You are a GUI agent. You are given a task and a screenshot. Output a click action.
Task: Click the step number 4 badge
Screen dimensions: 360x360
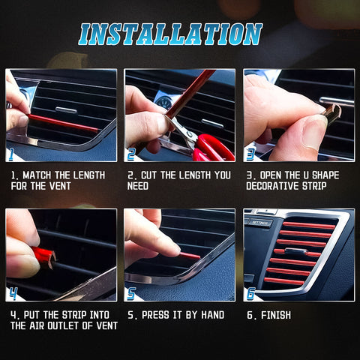[x=13, y=293]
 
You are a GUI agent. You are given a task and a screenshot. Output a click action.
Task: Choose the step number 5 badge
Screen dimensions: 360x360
[x=132, y=293]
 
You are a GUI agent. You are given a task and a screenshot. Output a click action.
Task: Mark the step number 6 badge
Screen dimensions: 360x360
[x=251, y=293]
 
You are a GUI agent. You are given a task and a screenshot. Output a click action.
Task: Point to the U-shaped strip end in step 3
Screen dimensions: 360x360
[x=331, y=113]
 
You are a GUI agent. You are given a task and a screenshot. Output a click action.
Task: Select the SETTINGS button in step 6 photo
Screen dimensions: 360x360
[x=260, y=222]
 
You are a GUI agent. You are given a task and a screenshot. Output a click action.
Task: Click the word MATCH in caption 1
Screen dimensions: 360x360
[x=40, y=175]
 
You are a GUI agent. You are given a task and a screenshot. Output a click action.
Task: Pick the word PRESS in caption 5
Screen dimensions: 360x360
[x=157, y=315]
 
